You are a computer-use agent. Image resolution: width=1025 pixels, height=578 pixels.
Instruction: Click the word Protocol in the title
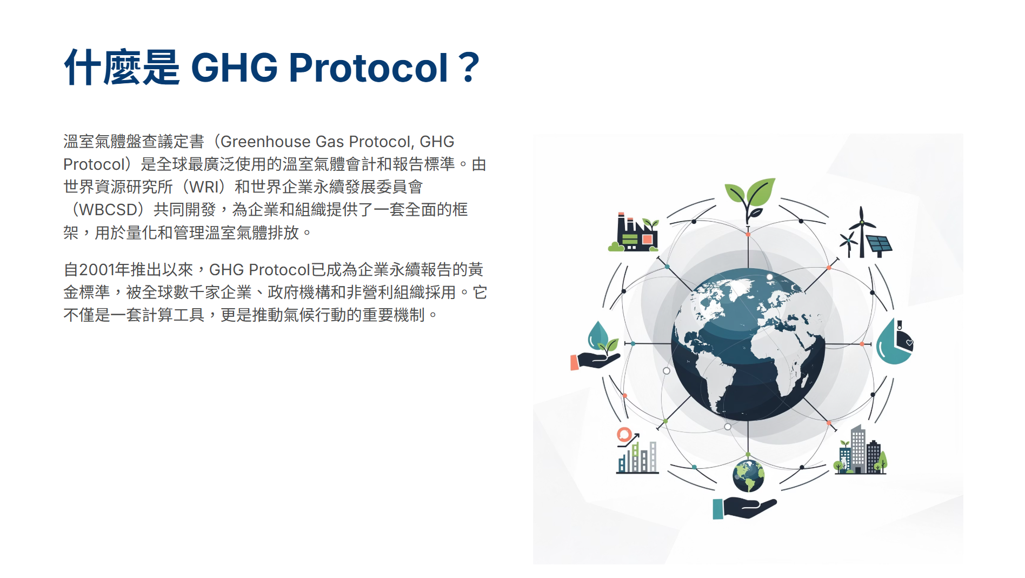(x=368, y=68)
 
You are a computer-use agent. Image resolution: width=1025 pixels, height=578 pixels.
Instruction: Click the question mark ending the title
(x=468, y=68)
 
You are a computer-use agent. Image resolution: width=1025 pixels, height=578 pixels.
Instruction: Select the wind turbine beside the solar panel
(x=856, y=233)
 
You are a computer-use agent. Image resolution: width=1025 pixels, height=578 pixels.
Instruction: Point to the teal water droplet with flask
(x=894, y=342)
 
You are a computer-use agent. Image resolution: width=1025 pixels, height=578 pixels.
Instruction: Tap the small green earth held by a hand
(x=748, y=476)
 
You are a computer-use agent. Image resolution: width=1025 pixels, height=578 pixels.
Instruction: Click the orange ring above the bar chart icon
(x=624, y=435)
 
